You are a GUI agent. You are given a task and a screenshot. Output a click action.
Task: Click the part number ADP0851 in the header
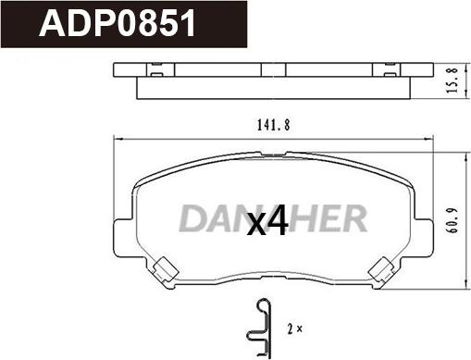118,23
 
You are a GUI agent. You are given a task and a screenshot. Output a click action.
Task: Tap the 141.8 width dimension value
274,125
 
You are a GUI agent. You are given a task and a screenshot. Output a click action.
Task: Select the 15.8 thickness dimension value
452,81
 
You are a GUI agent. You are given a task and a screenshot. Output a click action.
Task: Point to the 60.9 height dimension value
452,220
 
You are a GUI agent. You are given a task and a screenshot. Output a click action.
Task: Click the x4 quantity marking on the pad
267,220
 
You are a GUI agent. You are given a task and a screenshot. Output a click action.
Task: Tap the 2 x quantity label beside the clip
295,329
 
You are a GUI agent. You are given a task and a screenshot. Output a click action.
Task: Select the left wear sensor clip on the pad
166,269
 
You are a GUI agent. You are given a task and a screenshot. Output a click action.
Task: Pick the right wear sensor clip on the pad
381,270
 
